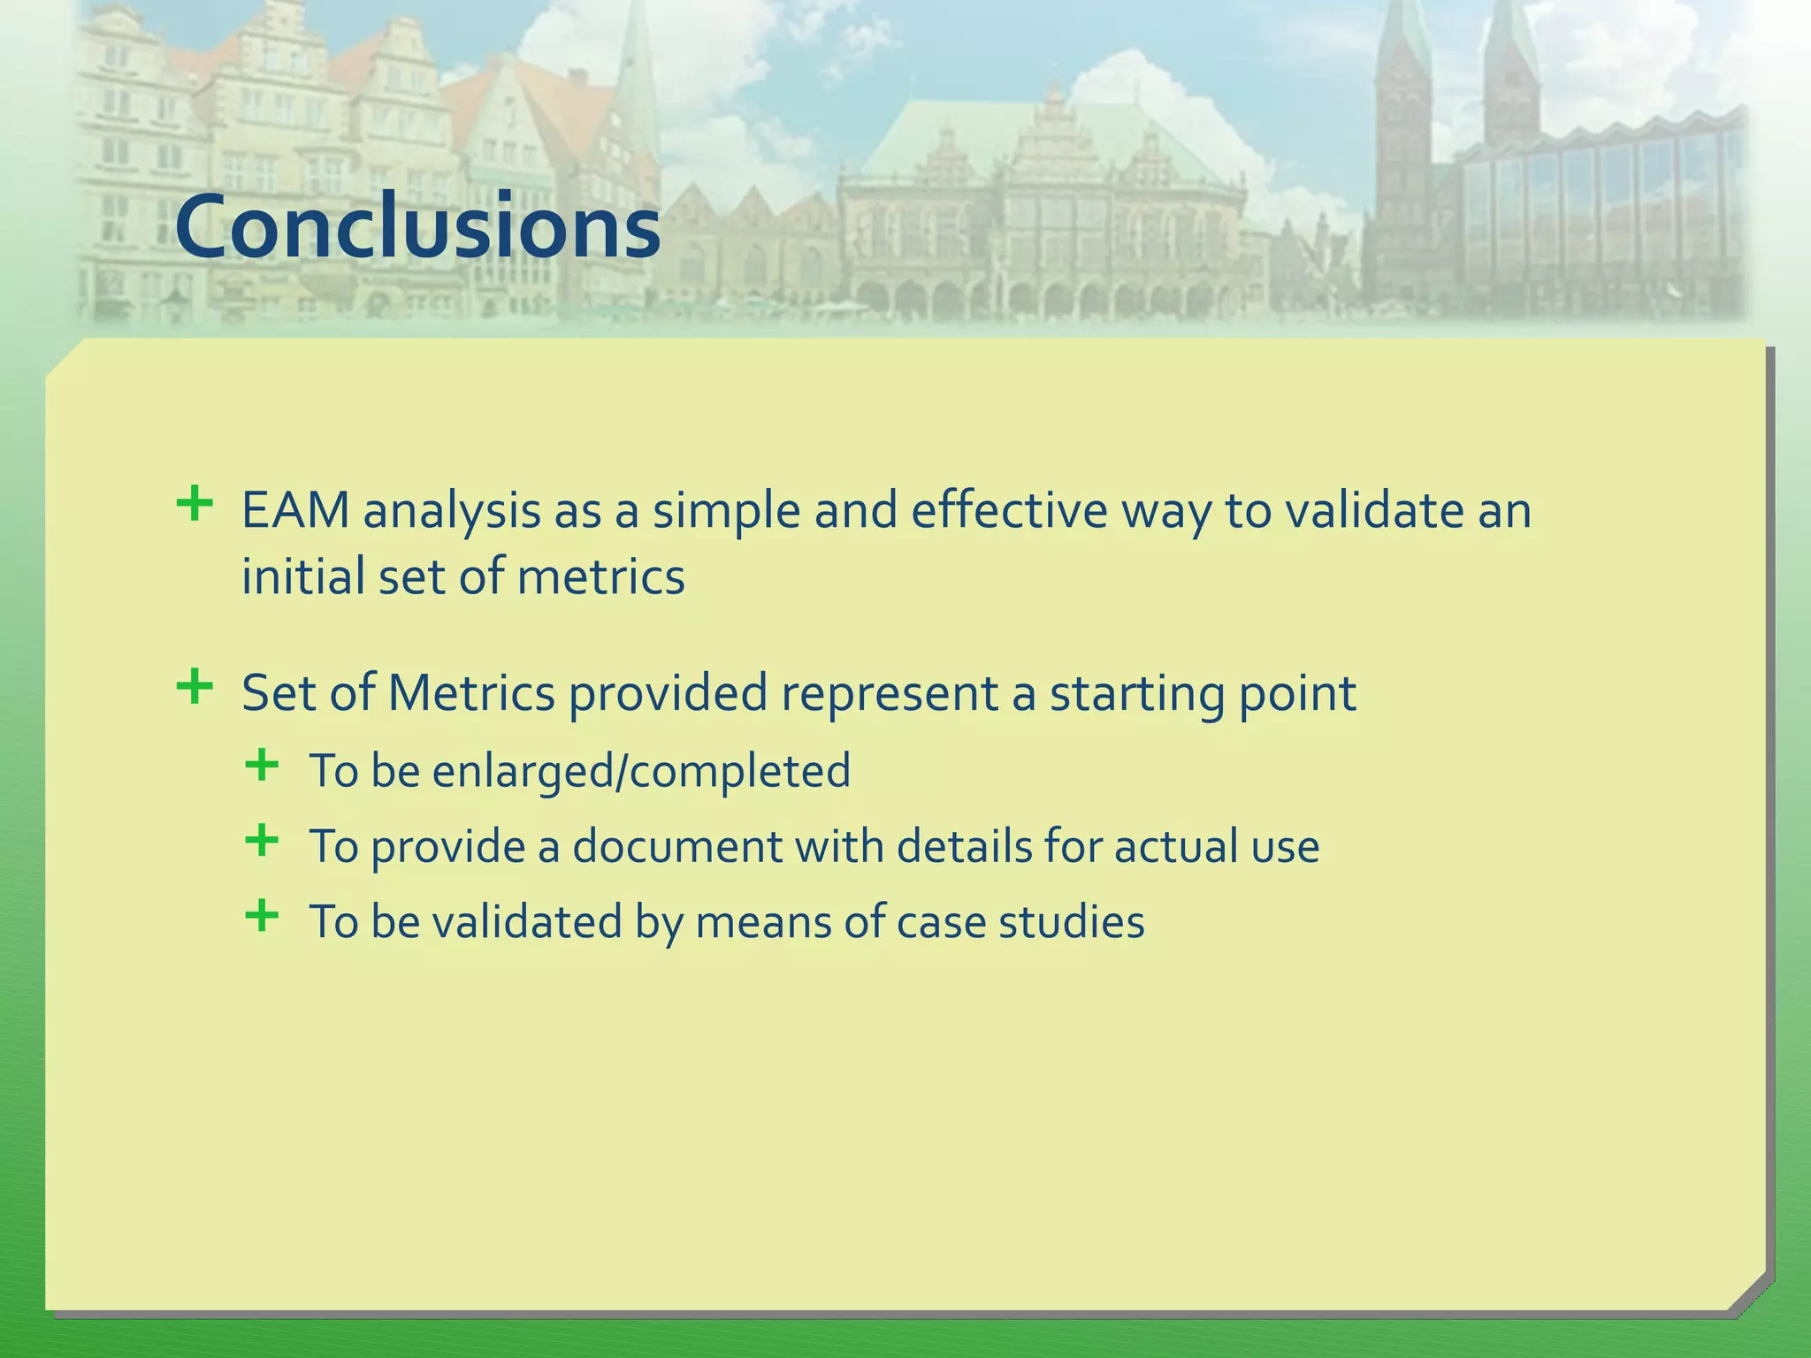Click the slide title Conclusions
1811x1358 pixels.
click(x=417, y=227)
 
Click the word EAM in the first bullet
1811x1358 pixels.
click(x=295, y=512)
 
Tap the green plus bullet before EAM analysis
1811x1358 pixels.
click(x=195, y=505)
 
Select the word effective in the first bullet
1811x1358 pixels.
click(x=1008, y=512)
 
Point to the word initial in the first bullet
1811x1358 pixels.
click(x=302, y=577)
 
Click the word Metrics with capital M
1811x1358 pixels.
click(x=470, y=693)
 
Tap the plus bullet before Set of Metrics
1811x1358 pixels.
click(x=195, y=686)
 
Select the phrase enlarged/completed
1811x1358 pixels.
click(x=641, y=772)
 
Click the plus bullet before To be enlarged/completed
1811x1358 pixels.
click(x=262, y=765)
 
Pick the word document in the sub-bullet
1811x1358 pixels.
click(x=676, y=847)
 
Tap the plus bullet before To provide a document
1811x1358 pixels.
click(x=262, y=840)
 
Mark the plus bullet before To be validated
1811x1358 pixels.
click(x=262, y=915)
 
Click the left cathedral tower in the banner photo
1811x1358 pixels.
click(x=1403, y=133)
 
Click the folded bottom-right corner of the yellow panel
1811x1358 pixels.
click(x=1747, y=1291)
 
